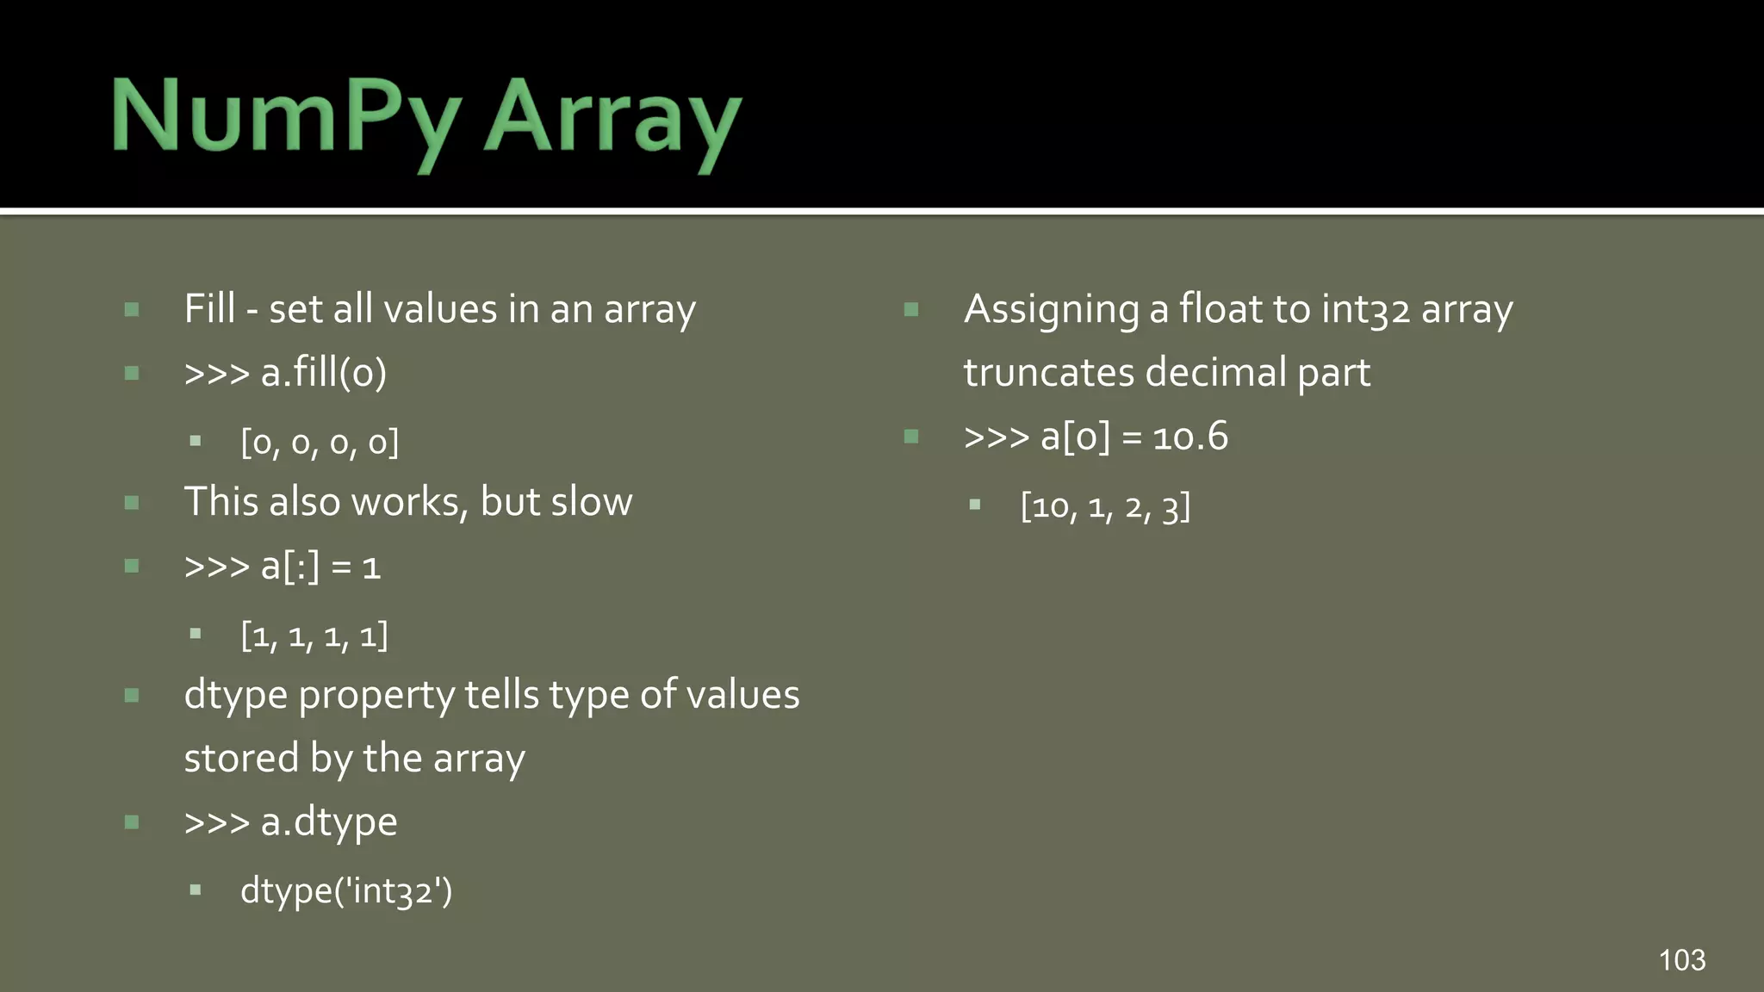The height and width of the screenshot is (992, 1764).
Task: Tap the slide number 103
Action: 1681,959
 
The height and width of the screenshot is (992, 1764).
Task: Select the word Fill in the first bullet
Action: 209,309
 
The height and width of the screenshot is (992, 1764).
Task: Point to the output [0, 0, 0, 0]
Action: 320,443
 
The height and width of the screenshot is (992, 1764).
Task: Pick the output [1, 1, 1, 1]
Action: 314,636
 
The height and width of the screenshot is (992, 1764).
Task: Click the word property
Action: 376,695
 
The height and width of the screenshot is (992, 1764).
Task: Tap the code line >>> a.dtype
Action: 291,821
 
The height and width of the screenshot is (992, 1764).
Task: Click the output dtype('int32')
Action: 346,890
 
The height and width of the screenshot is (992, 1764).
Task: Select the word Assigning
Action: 1052,309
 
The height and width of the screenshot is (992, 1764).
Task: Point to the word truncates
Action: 1048,373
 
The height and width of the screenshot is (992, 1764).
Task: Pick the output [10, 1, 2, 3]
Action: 1105,506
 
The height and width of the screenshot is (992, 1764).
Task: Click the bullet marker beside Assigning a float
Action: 911,309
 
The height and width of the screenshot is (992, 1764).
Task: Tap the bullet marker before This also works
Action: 132,503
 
